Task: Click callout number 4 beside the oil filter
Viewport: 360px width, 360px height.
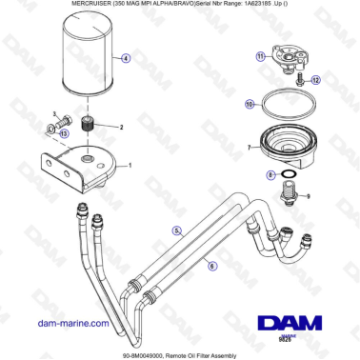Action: pyautogui.click(x=127, y=58)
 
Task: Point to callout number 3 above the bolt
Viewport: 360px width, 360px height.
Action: pyautogui.click(x=54, y=113)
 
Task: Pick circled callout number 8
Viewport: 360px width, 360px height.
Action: pyautogui.click(x=271, y=175)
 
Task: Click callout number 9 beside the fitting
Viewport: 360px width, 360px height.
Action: pyautogui.click(x=309, y=196)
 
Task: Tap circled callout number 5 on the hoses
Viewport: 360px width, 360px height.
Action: pyautogui.click(x=176, y=230)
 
